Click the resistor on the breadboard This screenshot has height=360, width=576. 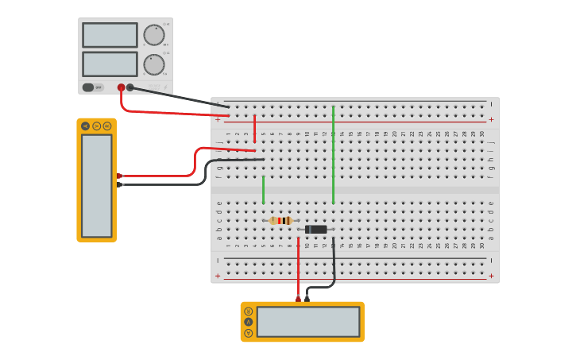coord(280,221)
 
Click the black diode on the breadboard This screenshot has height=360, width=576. coord(315,230)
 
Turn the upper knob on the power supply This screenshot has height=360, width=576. coord(153,35)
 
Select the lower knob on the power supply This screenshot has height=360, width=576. coord(153,64)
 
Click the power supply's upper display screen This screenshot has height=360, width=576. coord(110,35)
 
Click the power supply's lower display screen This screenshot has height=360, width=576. coord(110,64)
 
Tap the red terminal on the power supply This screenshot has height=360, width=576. coord(121,87)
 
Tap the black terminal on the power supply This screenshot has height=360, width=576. coord(130,87)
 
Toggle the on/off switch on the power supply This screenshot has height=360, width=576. coord(88,87)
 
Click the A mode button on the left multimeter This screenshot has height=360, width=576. coord(86,126)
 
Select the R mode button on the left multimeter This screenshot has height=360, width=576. coord(107,126)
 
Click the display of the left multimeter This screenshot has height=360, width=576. coord(97,185)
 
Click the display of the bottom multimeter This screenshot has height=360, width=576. coord(308,322)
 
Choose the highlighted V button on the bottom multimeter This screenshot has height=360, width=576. coord(249,322)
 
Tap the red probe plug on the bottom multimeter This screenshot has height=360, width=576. coord(298,299)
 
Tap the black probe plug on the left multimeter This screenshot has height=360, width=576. coord(119,184)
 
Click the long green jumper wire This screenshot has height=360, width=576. coord(333,155)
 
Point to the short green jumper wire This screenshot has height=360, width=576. coord(263,189)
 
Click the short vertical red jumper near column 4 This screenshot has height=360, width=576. coord(254,127)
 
